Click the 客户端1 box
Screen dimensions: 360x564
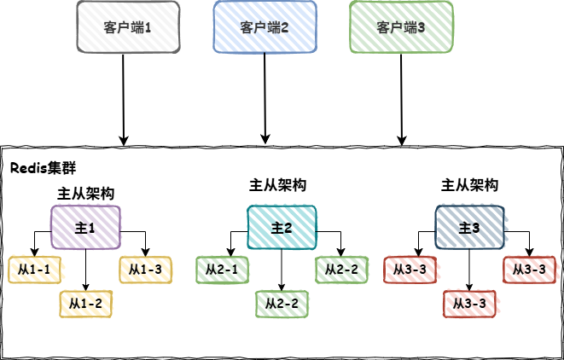coord(128,27)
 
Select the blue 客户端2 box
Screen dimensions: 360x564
coord(265,27)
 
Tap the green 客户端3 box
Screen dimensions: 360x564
coord(401,27)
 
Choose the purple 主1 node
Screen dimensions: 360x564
coord(85,229)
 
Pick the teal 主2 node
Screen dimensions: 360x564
coord(282,228)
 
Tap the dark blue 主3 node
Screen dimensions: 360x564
coord(469,228)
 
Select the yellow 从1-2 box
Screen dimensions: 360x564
coord(85,303)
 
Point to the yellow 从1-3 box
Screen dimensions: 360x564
coord(145,270)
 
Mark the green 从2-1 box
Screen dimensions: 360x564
coord(222,270)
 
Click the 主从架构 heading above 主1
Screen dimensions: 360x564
coord(85,194)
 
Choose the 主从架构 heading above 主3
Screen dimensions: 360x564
coord(469,184)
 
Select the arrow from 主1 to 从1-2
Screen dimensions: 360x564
coord(85,269)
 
